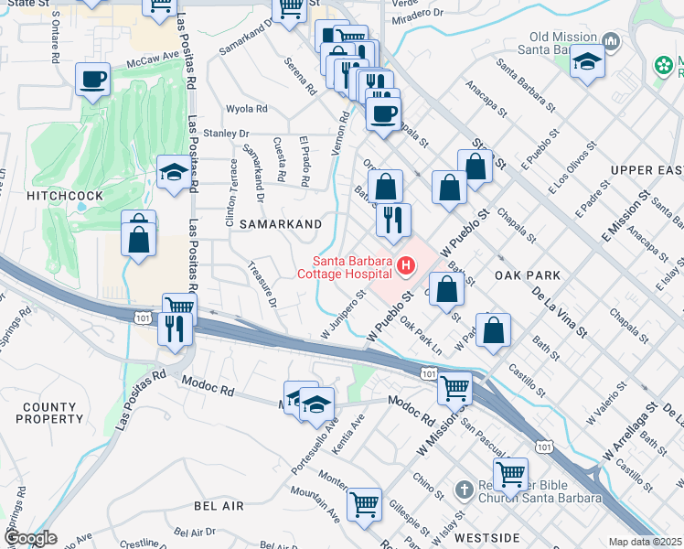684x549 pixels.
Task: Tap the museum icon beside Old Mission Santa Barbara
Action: [611, 43]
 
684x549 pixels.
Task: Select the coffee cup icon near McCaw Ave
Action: [92, 80]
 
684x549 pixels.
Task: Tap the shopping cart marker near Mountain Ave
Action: [364, 503]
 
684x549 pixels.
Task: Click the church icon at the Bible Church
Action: [465, 490]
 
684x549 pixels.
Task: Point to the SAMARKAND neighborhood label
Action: [281, 224]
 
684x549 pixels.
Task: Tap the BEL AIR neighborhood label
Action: [219, 505]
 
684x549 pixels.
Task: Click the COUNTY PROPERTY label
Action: [50, 413]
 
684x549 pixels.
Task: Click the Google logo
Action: [30, 538]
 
